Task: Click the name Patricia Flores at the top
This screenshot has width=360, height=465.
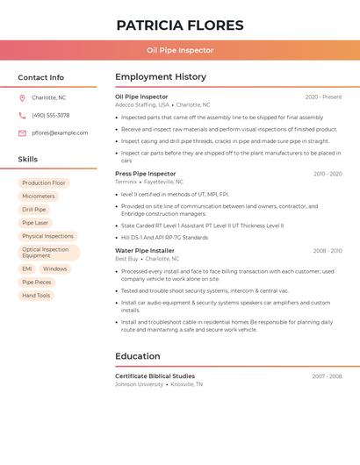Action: click(x=180, y=25)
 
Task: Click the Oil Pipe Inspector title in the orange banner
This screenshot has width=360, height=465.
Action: click(x=180, y=51)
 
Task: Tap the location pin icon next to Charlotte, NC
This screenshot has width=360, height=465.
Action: click(x=22, y=97)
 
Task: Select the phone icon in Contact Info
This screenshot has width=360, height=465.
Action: click(x=22, y=115)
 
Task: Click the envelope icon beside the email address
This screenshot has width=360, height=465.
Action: click(x=22, y=133)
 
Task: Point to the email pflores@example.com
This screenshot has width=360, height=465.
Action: click(x=60, y=133)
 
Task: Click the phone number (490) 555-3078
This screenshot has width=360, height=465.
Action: click(x=50, y=115)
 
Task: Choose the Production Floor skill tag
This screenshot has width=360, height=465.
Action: click(x=44, y=182)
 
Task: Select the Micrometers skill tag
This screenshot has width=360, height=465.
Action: click(x=39, y=197)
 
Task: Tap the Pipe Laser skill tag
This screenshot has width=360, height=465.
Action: click(x=35, y=223)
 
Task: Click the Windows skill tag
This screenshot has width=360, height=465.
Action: click(x=54, y=268)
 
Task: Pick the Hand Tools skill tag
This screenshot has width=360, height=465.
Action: click(x=36, y=296)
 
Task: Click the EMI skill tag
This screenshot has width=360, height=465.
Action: click(x=27, y=268)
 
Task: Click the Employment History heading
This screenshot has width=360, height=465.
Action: click(x=161, y=77)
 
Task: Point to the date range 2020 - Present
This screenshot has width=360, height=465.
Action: click(x=323, y=97)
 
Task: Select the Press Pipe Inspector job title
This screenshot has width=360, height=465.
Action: click(x=145, y=174)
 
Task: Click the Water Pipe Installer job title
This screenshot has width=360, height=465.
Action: click(x=145, y=251)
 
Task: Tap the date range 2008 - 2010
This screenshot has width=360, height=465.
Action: click(x=328, y=251)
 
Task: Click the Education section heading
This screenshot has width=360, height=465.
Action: click(x=138, y=356)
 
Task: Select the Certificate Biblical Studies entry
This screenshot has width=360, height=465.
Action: click(x=155, y=376)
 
